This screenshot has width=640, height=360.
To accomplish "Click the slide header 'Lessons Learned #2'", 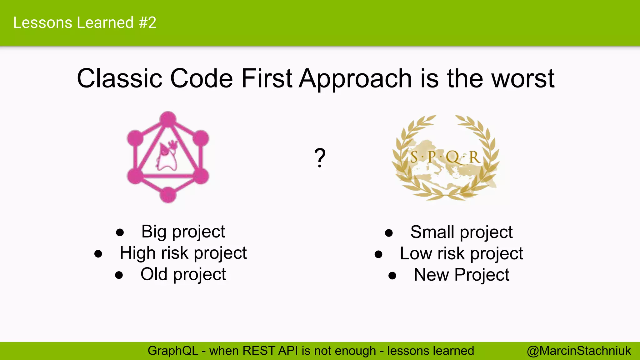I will pos(85,23).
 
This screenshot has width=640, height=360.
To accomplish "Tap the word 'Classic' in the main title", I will pos(119,78).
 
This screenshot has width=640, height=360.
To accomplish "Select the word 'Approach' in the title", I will pos(355,78).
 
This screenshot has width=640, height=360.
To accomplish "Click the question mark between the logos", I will pos(320,158).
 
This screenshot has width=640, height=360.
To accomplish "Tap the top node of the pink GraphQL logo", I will pos(168,119).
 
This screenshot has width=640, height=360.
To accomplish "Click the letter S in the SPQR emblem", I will pos(414,157).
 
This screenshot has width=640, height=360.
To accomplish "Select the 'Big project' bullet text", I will pos(183,232).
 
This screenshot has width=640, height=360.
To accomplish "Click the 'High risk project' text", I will pos(183,253).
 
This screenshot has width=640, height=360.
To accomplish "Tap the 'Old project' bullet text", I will pos(183,274).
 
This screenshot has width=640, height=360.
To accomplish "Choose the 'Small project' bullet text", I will pos(461,232).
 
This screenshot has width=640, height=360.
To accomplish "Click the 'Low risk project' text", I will pos(461,254).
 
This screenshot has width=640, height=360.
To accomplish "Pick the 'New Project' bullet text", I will pos(461,275).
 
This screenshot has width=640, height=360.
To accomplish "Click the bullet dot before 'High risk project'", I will pos(98,254).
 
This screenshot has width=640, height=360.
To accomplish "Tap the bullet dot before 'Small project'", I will pos(389,233).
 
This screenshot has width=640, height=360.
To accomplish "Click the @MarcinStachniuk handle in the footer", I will pos(579,351).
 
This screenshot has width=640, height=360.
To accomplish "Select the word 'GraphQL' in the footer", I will pos(173,351).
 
